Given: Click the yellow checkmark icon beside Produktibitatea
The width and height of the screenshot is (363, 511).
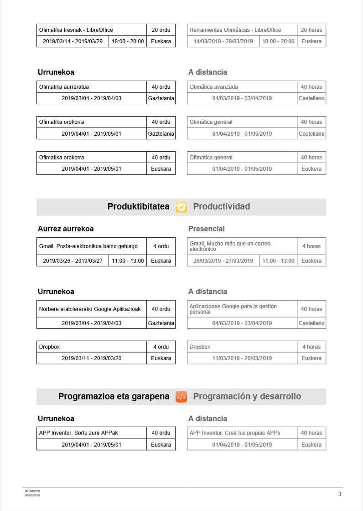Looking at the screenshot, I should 181,207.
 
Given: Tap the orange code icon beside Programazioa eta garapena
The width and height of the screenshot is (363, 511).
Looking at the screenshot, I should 181,397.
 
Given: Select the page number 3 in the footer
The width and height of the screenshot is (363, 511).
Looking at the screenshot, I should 340,494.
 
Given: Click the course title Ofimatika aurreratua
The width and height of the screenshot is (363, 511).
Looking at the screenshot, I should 64,87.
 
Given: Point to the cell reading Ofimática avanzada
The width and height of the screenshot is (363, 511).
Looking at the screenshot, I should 213,87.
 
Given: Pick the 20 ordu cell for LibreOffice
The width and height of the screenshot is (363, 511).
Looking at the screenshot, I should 161,30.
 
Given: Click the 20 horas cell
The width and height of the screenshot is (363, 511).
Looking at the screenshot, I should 311,30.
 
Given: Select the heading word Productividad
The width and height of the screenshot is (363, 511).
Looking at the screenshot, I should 222,207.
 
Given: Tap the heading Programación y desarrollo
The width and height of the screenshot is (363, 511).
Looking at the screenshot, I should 247,396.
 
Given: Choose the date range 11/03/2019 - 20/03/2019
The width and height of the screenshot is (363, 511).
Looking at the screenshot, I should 242,358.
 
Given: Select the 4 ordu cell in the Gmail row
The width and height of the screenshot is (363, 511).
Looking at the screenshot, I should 161,246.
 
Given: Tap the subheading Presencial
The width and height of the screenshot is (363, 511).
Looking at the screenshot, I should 207,229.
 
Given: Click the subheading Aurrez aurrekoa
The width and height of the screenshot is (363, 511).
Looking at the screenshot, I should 66,229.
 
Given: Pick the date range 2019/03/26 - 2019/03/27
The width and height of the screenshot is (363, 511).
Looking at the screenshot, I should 73,261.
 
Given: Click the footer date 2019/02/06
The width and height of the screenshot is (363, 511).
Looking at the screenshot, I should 32,491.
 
